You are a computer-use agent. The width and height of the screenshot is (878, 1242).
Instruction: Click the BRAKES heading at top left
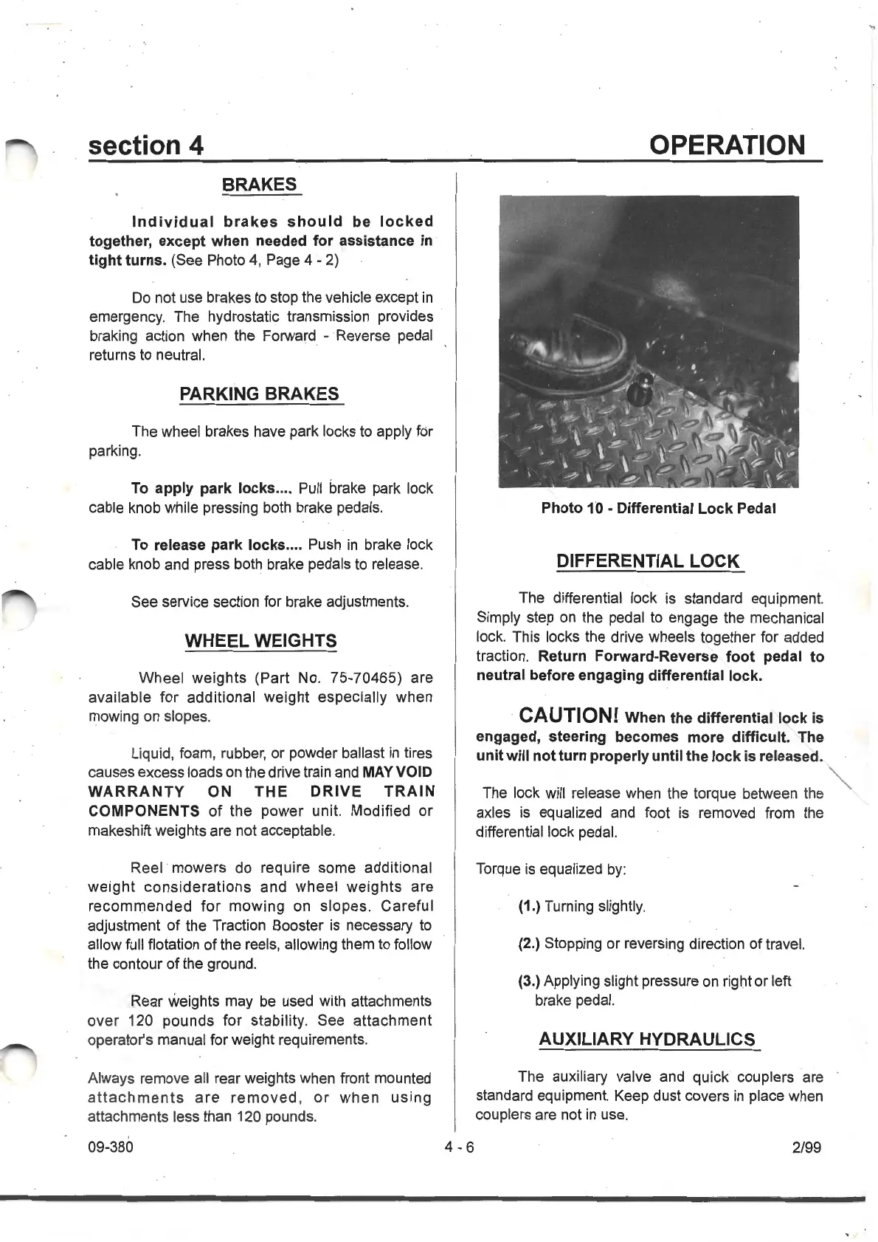(x=260, y=185)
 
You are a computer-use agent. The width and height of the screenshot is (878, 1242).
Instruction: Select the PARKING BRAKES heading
(x=260, y=394)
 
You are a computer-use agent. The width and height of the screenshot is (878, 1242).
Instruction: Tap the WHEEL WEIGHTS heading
(x=260, y=641)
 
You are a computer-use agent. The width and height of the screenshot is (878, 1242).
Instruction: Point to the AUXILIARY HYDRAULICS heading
(x=648, y=1040)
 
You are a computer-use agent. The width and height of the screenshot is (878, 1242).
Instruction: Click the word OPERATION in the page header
(x=727, y=145)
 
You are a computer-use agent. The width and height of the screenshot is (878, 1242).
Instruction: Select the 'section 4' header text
(x=145, y=145)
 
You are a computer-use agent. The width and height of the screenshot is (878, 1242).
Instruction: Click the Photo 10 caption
(x=658, y=508)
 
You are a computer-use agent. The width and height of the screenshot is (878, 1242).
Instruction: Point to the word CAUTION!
(x=568, y=716)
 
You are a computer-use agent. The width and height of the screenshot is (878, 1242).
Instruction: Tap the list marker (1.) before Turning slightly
(x=530, y=906)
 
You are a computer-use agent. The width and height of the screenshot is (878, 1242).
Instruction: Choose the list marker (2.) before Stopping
(x=530, y=944)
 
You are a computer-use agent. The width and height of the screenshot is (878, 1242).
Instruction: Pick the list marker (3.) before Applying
(x=530, y=981)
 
